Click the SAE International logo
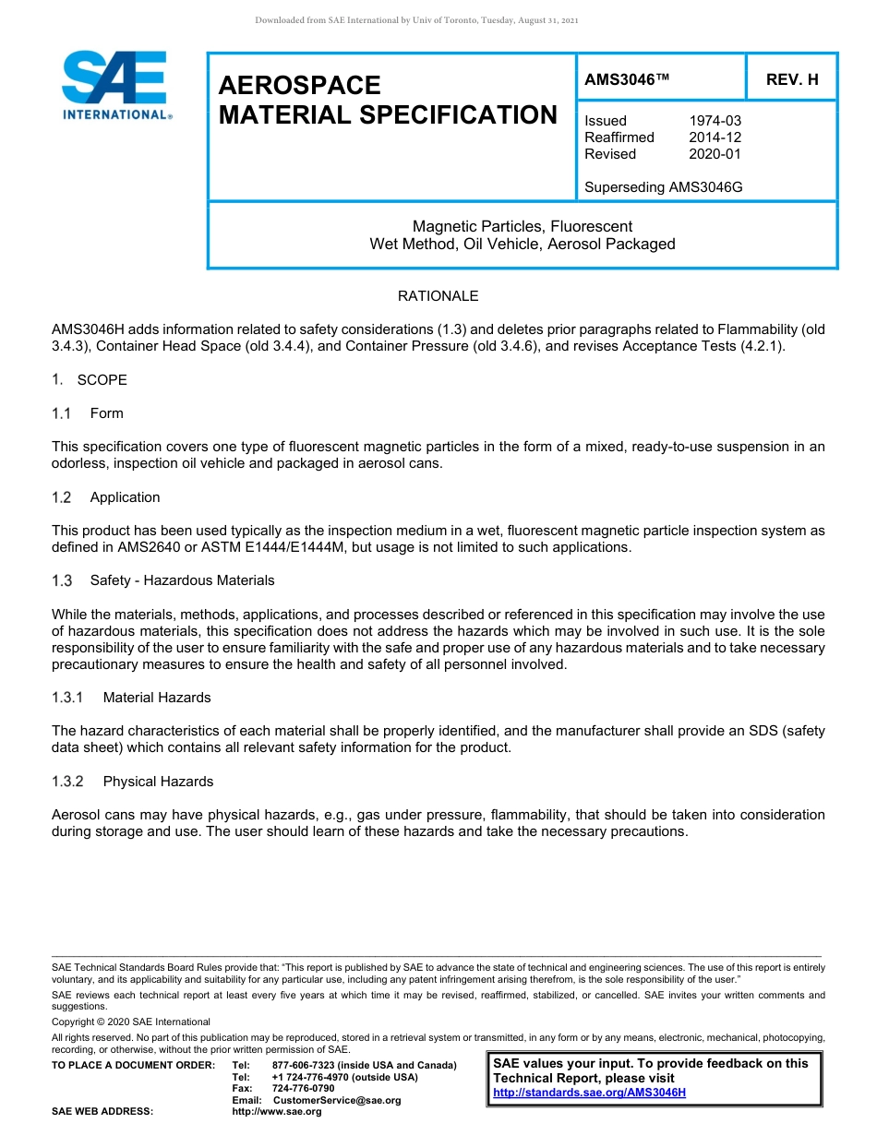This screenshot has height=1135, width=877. [x=115, y=85]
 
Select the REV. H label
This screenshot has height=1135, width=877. [x=792, y=80]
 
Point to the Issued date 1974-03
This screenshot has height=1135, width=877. [x=715, y=121]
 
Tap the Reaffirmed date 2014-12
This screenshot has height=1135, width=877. [x=715, y=137]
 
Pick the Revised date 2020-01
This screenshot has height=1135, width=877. [x=715, y=154]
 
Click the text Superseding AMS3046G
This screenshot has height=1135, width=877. [x=663, y=187]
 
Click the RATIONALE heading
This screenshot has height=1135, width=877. [x=438, y=296]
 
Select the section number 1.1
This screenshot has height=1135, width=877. [x=62, y=413]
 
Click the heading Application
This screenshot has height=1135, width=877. [x=125, y=497]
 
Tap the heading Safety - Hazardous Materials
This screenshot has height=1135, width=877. [x=182, y=580]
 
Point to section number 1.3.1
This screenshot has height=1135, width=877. [x=67, y=698]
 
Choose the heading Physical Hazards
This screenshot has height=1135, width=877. [x=158, y=782]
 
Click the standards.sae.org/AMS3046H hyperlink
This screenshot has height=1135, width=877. [x=589, y=1093]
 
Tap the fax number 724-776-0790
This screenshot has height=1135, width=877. [x=303, y=1089]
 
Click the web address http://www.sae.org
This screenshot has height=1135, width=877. [x=277, y=1112]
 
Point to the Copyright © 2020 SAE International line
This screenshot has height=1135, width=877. [x=131, y=1021]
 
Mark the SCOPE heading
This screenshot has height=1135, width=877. [x=102, y=380]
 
